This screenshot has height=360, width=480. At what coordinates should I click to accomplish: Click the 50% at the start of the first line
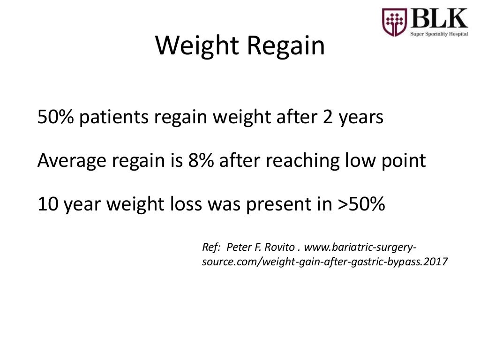coord(56,117)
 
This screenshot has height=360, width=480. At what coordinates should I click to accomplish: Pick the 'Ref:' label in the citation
coord(211,247)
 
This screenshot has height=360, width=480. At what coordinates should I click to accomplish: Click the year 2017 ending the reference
coord(436,262)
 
